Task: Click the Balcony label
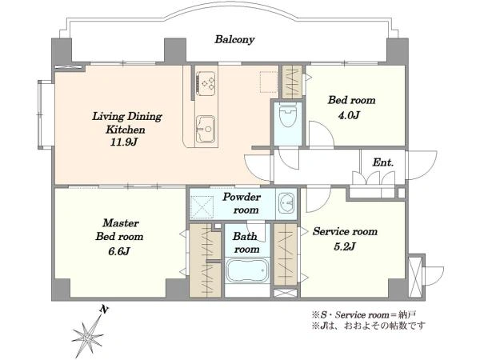[234, 39]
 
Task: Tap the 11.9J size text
[123, 142]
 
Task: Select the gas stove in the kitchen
[206, 82]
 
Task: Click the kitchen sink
[205, 129]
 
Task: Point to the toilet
[288, 116]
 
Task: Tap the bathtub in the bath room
[247, 270]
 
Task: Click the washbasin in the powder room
[286, 203]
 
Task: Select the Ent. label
[383, 162]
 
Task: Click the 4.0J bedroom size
[349, 115]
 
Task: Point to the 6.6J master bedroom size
[119, 251]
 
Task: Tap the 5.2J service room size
[345, 246]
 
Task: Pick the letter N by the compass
[104, 310]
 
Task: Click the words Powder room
[242, 203]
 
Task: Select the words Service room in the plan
[345, 231]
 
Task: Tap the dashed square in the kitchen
[269, 82]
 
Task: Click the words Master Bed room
[119, 230]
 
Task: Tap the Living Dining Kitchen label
[126, 123]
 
